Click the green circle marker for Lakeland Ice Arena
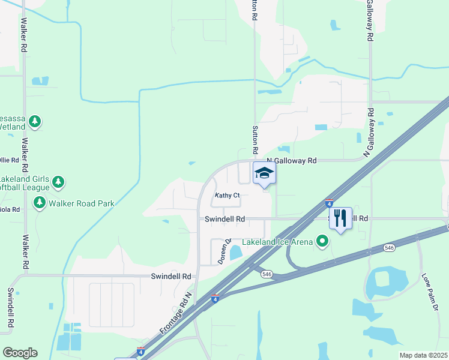coord(323,242)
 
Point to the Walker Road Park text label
coord(82,203)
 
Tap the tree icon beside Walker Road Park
coord(40,203)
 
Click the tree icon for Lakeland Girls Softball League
coord(58,181)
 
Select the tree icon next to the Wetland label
coord(35,122)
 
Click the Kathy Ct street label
coord(228,196)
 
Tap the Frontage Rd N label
coord(175,314)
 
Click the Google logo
coord(20,353)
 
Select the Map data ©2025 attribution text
coord(423,355)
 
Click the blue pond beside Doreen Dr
coord(236,252)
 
